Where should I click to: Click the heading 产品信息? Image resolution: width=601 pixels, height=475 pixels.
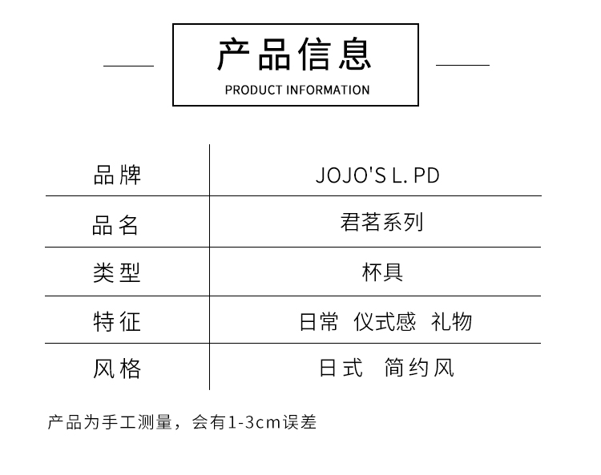tap(295, 54)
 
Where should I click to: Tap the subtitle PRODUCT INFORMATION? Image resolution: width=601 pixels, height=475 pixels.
tap(296, 90)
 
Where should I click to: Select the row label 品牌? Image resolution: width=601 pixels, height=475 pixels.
tap(117, 175)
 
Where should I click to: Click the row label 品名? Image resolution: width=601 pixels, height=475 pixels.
tap(117, 225)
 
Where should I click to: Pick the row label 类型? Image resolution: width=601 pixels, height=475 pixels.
tap(117, 272)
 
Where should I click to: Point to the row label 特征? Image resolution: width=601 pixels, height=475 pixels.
tap(117, 321)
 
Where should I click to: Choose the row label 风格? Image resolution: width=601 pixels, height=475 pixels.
tap(117, 368)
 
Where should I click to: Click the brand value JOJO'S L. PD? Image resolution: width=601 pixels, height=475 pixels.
tap(377, 175)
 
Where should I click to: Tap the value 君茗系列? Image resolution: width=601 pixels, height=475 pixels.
tap(381, 222)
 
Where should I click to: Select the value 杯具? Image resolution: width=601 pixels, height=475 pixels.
tap(382, 272)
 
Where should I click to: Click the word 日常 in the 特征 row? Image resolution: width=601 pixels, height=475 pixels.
tap(319, 322)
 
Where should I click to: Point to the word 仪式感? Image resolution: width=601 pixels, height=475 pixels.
tap(385, 322)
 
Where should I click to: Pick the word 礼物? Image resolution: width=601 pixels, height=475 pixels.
tap(451, 322)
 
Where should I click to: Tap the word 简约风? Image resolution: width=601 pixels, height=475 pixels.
tap(419, 368)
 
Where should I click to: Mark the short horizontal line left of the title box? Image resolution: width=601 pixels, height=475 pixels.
tap(128, 66)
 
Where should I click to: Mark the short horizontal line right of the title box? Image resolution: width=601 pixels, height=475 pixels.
tap(462, 65)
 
